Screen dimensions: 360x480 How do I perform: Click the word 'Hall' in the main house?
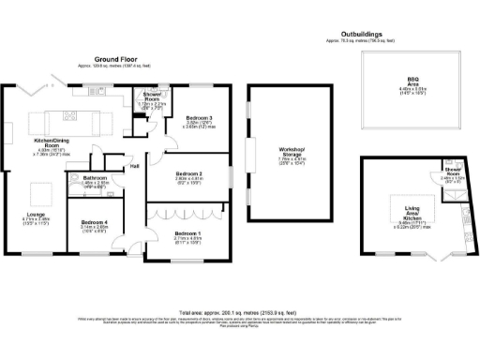tap(134, 167)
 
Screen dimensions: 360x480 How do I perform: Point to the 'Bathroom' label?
tap(97, 177)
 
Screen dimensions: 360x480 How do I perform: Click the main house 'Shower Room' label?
tap(152, 95)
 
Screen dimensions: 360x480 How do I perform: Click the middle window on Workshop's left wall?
tap(248, 151)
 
